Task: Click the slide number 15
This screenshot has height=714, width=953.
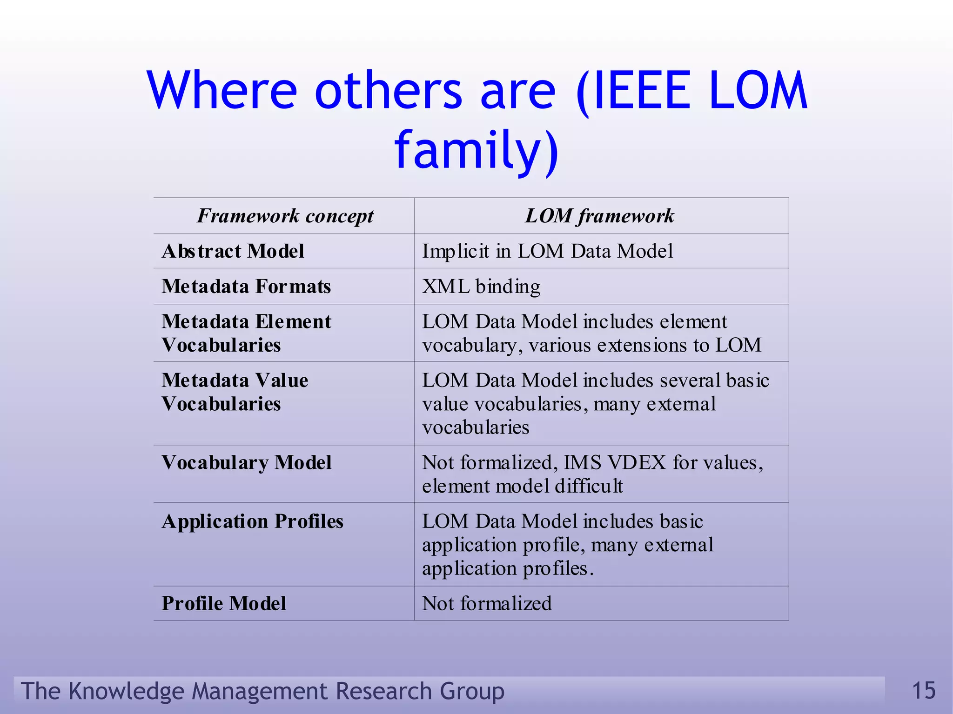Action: click(x=923, y=690)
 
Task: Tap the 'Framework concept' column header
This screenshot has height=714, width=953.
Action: click(x=285, y=216)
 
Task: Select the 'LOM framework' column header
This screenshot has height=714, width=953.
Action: click(x=599, y=216)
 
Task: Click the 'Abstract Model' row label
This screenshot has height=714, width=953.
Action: click(x=233, y=251)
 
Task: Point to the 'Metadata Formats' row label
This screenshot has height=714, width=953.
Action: click(x=246, y=287)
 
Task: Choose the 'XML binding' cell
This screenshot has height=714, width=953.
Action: click(x=481, y=287)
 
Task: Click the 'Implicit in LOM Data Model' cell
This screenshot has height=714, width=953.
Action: click(x=547, y=251)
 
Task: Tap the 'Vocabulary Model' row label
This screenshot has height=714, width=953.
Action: click(x=247, y=463)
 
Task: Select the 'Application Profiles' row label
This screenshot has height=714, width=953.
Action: click(x=252, y=521)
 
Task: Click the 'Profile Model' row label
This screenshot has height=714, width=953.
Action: click(x=224, y=603)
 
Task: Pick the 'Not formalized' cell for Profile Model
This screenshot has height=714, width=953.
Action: click(x=487, y=603)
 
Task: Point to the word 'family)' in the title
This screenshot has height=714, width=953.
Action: click(x=476, y=150)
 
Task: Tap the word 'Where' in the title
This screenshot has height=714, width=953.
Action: click(x=222, y=90)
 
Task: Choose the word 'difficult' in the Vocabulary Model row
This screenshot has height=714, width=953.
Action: click(x=588, y=486)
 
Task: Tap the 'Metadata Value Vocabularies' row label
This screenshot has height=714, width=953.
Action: click(x=235, y=392)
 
